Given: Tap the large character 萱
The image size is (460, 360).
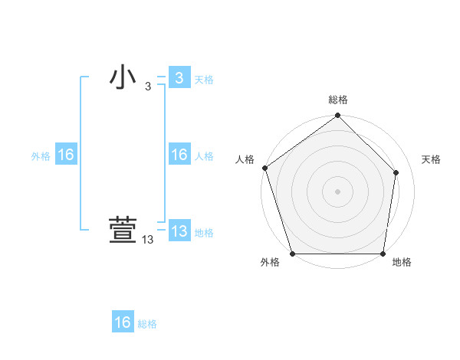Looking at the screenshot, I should [123, 231].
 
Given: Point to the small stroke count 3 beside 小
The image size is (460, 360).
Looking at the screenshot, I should [148, 87].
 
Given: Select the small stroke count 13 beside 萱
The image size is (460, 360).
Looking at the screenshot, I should [148, 241].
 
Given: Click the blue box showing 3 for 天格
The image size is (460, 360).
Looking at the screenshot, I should [179, 77].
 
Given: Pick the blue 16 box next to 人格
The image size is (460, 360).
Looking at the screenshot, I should [179, 155].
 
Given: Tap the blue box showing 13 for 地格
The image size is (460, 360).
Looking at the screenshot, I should [179, 231].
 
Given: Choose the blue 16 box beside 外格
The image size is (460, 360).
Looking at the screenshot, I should [66, 155].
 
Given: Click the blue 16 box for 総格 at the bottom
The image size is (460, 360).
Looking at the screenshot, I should [123, 322].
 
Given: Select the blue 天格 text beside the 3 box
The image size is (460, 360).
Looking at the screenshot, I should [204, 79].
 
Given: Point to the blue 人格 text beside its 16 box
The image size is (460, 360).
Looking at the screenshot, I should [204, 156].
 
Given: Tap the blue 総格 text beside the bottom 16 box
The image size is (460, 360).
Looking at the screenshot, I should [147, 324].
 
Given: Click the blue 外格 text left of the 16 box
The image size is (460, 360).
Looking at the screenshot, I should [41, 156].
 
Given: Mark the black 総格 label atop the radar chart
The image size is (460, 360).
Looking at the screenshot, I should [338, 100].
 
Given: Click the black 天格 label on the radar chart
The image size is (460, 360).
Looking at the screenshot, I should [432, 159].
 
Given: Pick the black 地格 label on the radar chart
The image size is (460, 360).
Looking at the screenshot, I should [402, 263].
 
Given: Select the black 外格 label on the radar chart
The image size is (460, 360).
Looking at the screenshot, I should [270, 263].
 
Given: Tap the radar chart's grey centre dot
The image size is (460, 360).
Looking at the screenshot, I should [338, 191].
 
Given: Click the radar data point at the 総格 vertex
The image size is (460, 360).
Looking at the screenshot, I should [338, 116].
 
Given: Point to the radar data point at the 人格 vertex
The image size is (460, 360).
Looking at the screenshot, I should [264, 168].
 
